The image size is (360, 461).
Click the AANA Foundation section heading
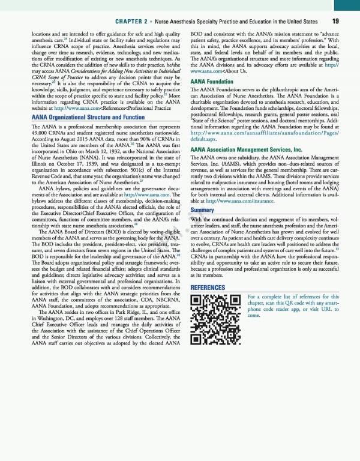[x=212, y=81]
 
